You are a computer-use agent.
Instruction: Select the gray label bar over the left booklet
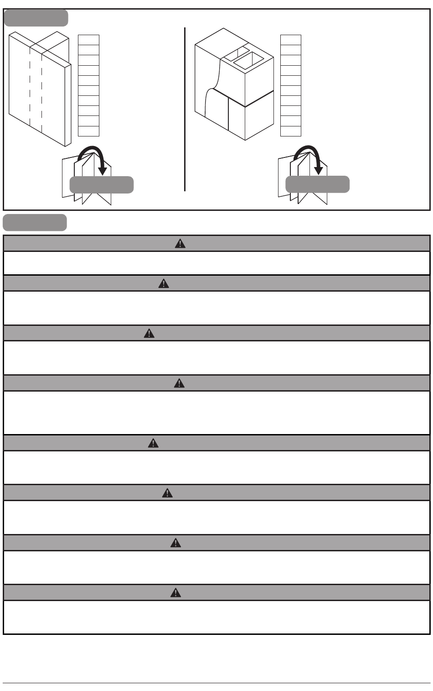point(101,185)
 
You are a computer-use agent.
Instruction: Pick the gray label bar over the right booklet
point(317,184)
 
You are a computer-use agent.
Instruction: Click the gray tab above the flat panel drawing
point(36,18)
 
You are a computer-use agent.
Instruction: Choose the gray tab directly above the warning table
point(35,222)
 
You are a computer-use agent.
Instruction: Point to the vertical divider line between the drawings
point(185,110)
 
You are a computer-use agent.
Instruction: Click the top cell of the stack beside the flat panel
point(88,40)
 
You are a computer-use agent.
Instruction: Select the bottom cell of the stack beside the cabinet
point(290,131)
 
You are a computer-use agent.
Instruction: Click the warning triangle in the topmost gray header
point(180,244)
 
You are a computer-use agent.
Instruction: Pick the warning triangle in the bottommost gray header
point(175,593)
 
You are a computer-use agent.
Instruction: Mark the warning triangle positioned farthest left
point(149,334)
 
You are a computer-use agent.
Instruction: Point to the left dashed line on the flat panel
point(30,87)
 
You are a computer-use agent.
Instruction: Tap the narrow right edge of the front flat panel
point(68,105)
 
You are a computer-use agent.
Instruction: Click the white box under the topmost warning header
point(216,263)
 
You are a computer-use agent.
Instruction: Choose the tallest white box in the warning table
point(216,413)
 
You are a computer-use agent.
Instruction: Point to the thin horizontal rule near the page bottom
point(216,683)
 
